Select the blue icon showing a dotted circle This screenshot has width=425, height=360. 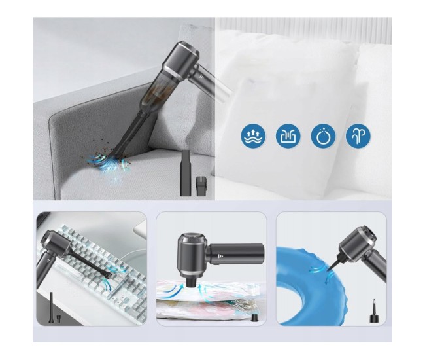[322, 135]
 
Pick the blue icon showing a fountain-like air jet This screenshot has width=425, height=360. [358, 135]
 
